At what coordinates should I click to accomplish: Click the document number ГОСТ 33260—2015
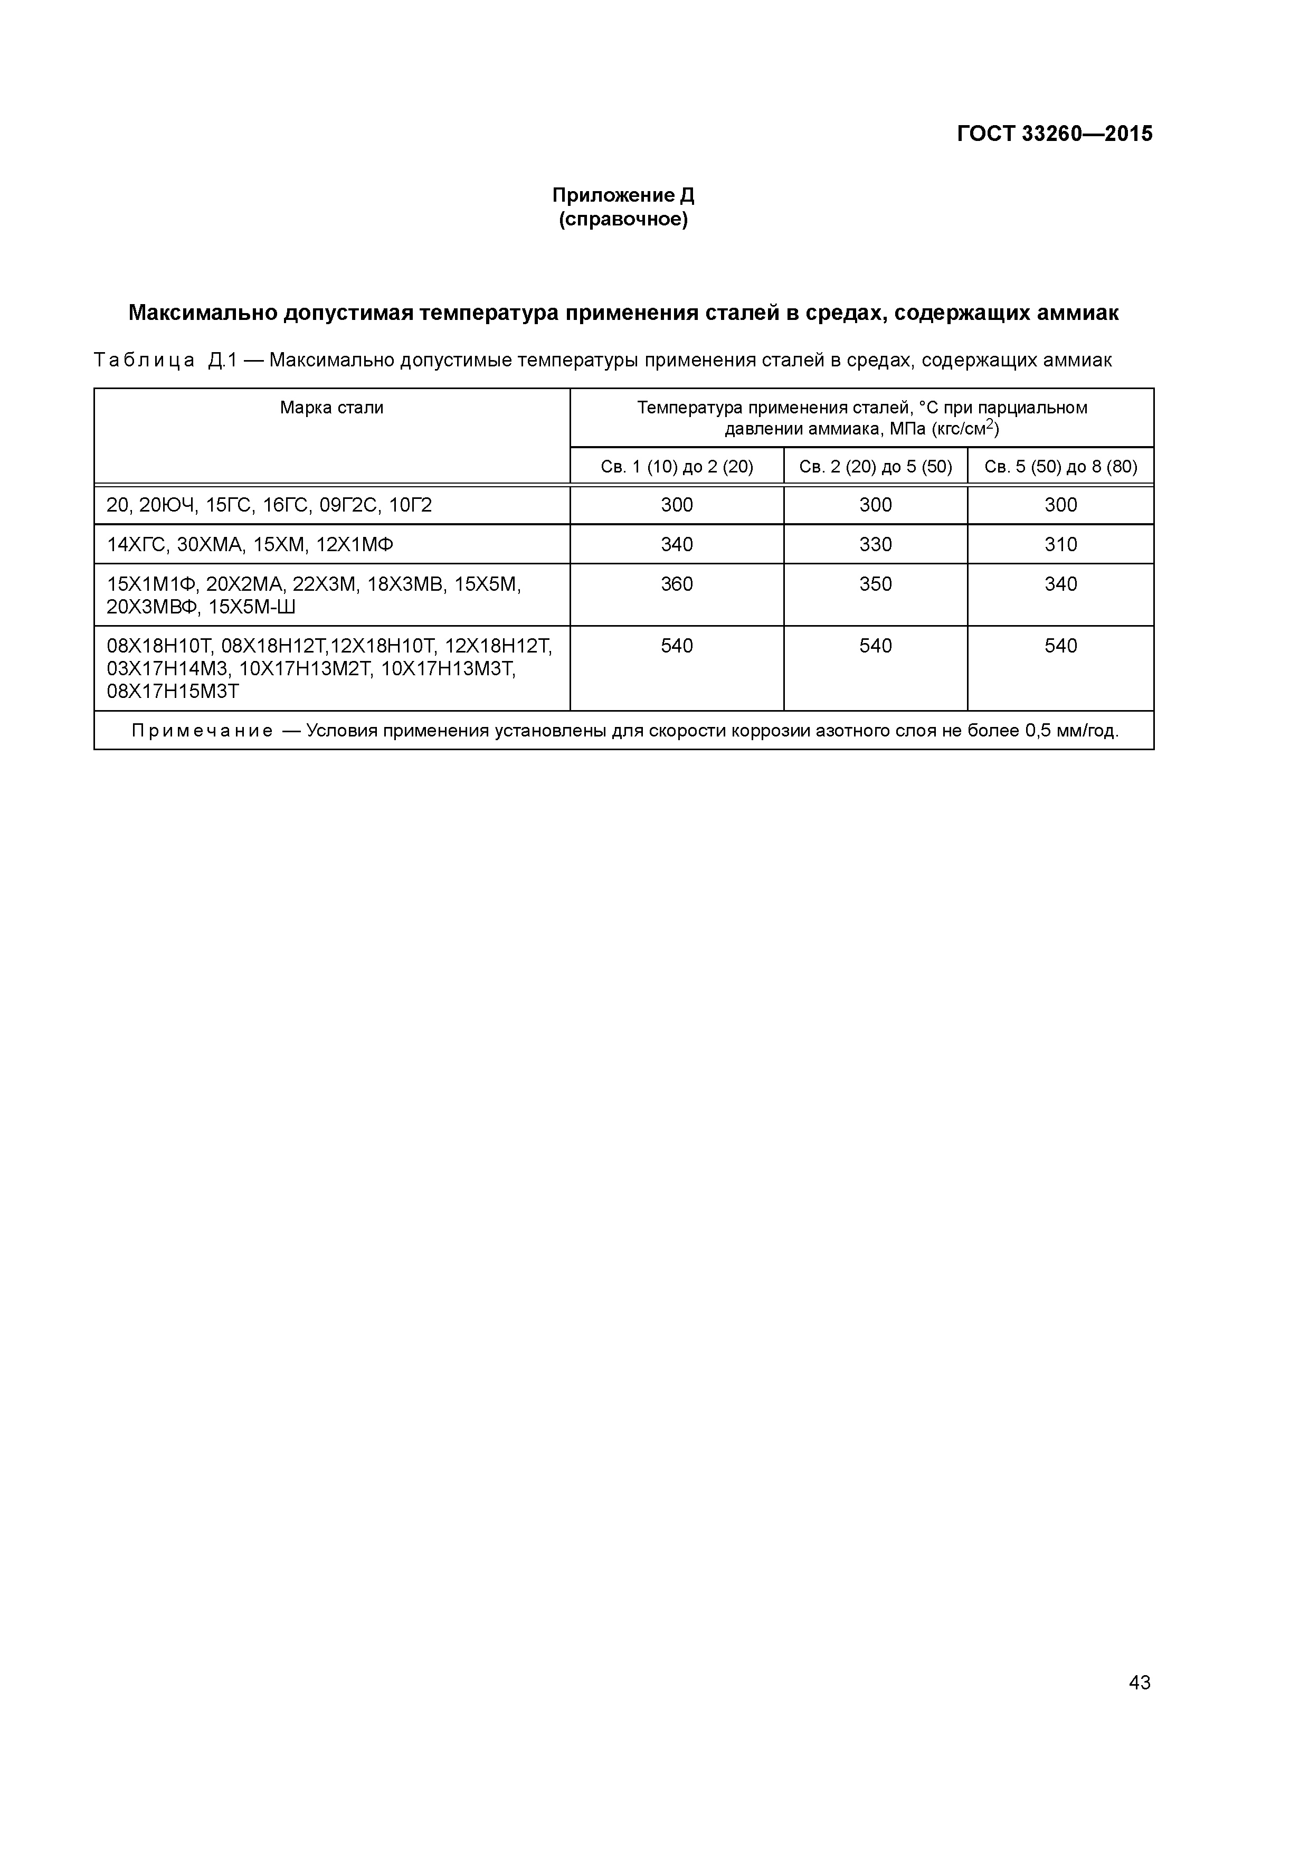1054,134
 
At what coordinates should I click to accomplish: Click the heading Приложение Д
623,195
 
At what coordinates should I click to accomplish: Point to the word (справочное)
623,220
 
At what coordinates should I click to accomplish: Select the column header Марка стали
331,408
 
